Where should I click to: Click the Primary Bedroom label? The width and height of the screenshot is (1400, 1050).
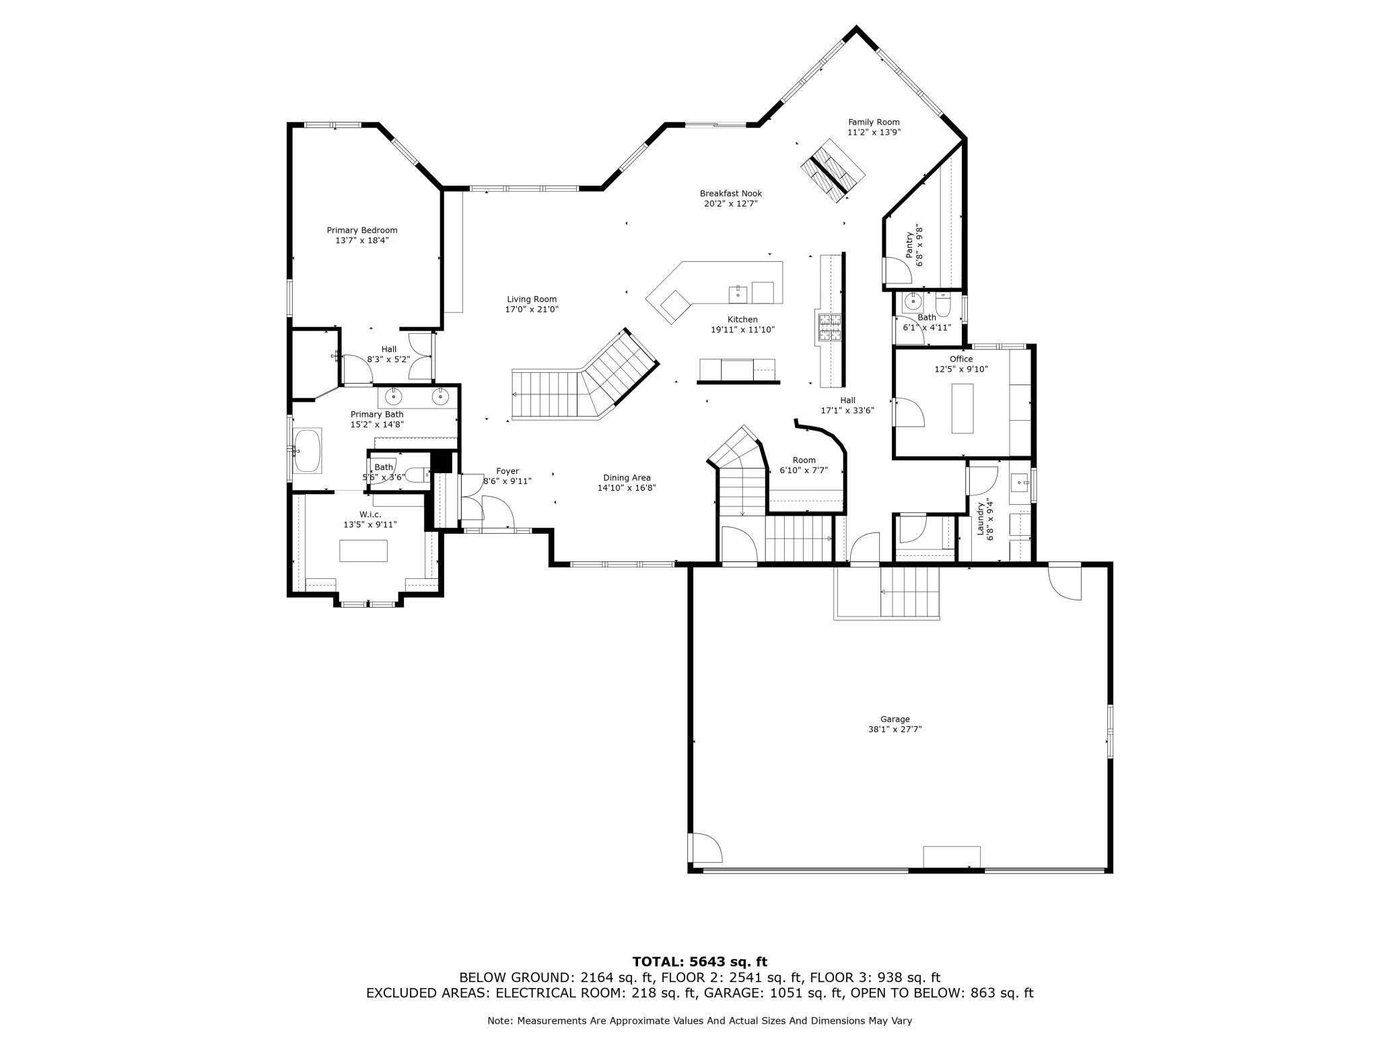(362, 230)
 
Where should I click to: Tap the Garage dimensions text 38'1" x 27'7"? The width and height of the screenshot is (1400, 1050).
(895, 729)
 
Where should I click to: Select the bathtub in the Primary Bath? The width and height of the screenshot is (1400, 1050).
(309, 451)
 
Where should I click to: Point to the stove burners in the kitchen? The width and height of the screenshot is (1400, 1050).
(829, 328)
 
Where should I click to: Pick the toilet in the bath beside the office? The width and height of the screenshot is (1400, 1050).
(943, 305)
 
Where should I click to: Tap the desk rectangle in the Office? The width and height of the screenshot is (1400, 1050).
(962, 408)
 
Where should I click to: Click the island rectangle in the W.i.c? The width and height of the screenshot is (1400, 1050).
(363, 551)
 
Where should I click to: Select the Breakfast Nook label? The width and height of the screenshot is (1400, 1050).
(731, 193)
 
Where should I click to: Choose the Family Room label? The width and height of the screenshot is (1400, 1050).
(874, 122)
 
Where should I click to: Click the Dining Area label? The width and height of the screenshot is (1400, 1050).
(627, 478)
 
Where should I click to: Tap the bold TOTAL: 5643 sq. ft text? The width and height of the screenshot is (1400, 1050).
(699, 962)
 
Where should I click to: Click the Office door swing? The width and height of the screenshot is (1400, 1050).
(908, 412)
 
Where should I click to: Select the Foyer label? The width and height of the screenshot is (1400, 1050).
(508, 471)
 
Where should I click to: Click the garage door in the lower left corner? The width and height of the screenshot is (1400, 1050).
(704, 848)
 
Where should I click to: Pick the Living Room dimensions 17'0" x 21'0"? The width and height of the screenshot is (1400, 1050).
(532, 310)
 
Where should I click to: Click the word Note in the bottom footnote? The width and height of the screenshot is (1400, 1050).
(499, 1021)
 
